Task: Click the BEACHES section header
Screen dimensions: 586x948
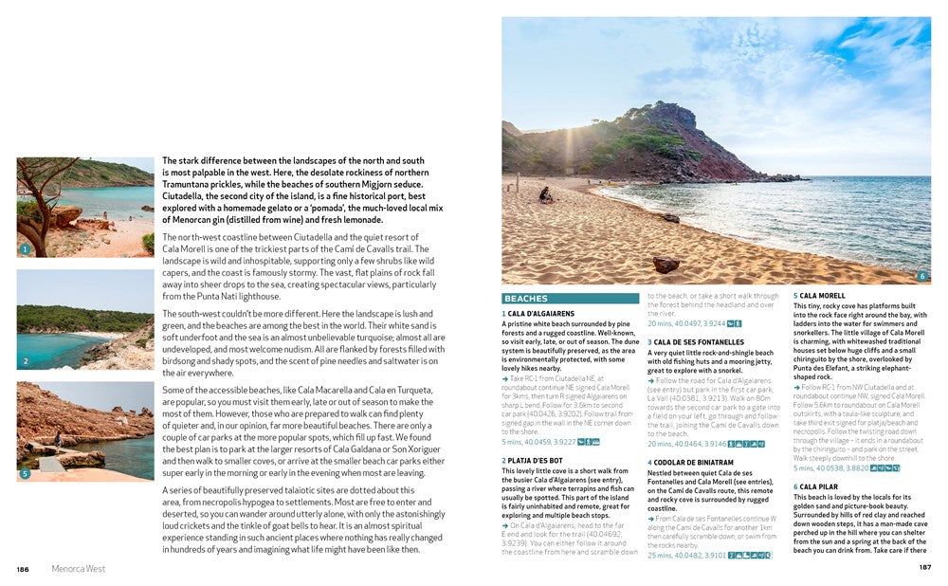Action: click(525, 299)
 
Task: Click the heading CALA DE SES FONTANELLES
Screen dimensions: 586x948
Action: click(685, 341)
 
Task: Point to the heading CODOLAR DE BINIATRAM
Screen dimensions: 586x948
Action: click(680, 463)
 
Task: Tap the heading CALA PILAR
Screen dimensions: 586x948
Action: click(817, 486)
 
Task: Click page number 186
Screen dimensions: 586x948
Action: click(23, 569)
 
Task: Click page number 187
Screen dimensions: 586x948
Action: click(925, 568)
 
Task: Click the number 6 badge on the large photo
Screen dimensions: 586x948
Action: click(921, 276)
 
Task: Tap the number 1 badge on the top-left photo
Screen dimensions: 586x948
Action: click(26, 250)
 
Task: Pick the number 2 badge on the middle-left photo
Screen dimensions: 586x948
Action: click(26, 361)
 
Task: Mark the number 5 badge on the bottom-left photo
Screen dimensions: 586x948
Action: click(26, 473)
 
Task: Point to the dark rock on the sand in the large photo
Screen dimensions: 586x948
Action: click(665, 264)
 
